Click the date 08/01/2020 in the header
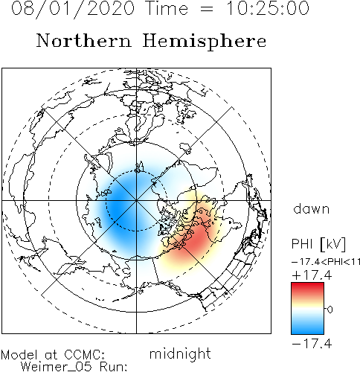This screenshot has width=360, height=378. click(73, 9)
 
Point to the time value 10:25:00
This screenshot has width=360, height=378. click(268, 8)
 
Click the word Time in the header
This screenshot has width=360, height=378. click(167, 8)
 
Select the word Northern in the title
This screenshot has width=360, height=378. click(84, 40)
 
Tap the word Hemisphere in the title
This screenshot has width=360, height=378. click(205, 42)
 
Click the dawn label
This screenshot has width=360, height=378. click(312, 209)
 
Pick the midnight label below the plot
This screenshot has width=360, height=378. click(180, 353)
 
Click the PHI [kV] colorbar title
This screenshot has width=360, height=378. click(318, 244)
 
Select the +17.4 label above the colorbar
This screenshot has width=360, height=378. click(312, 275)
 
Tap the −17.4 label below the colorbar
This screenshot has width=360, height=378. click(312, 344)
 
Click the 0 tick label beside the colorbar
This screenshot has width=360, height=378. click(330, 310)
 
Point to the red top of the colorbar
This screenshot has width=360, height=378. click(307, 288)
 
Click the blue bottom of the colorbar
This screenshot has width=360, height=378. click(307, 329)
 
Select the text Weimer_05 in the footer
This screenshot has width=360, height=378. click(57, 367)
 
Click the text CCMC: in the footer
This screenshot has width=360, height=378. click(85, 355)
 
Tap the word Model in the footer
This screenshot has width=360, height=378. click(19, 355)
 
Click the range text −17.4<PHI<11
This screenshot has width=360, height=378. click(326, 262)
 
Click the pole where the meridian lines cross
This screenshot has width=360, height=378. click(136, 200)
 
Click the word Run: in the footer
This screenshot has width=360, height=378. click(114, 367)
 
